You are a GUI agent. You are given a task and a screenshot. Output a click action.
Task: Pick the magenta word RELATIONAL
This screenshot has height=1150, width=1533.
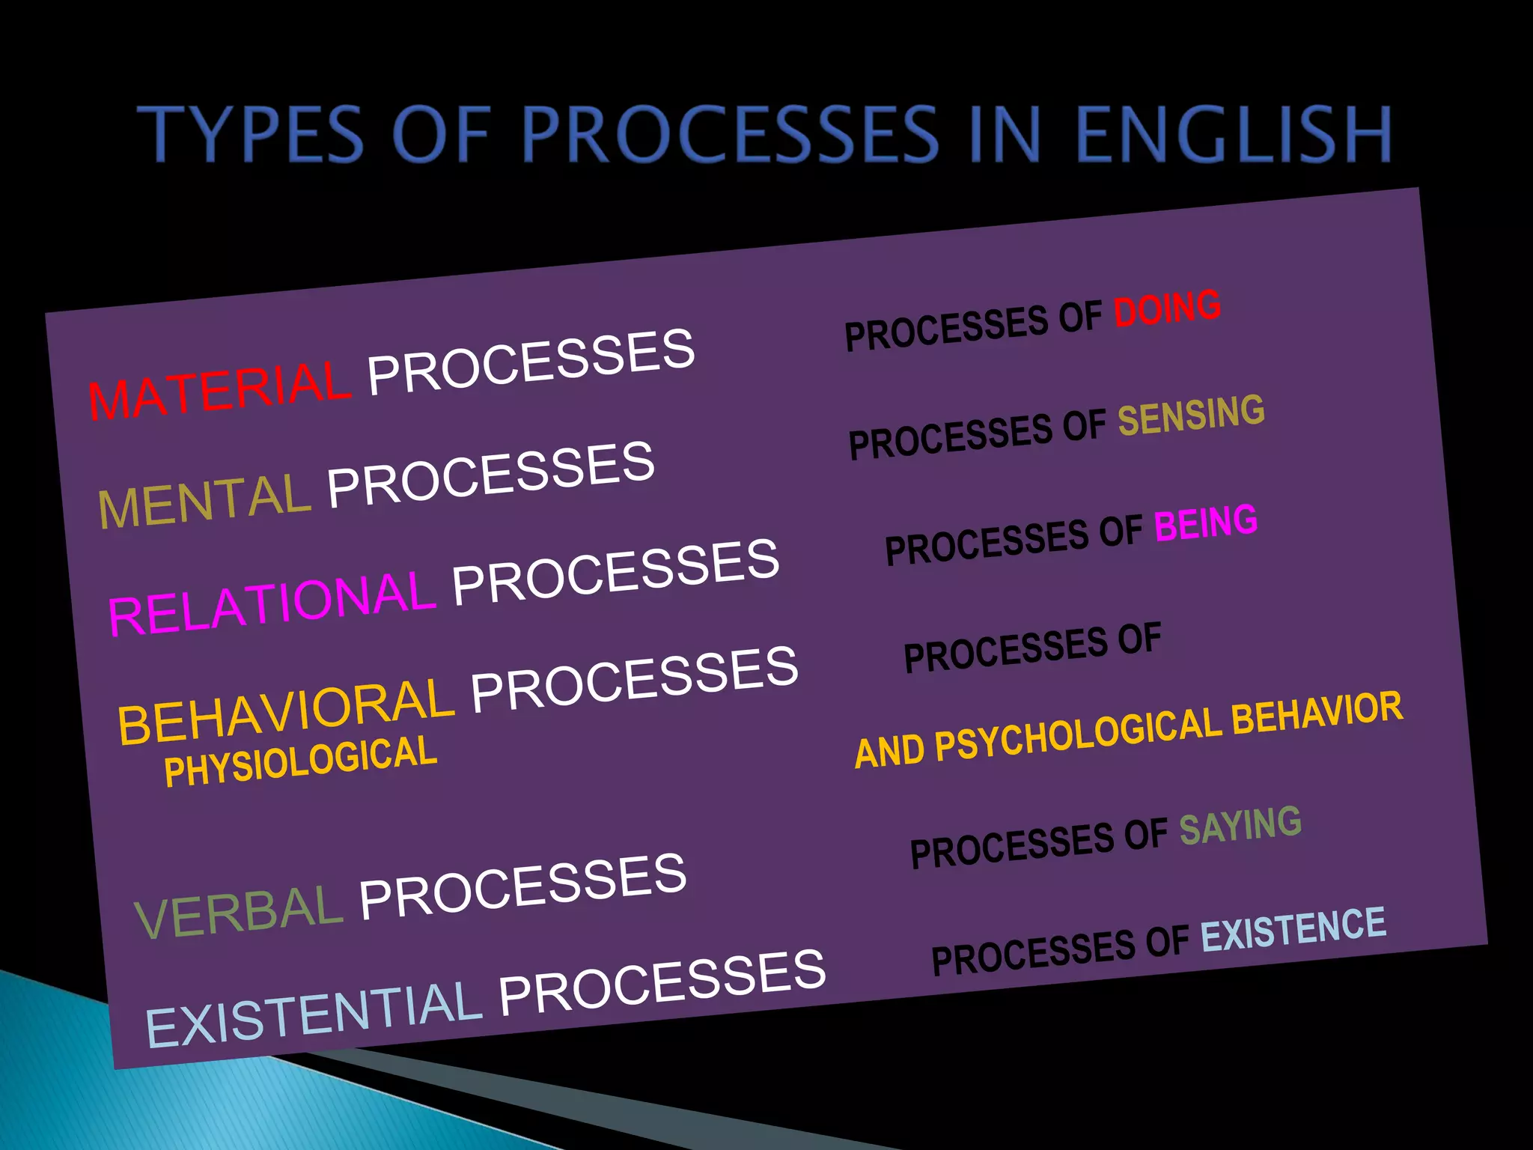(271, 604)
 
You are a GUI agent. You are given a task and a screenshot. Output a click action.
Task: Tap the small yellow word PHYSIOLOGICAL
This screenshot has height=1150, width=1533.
(300, 761)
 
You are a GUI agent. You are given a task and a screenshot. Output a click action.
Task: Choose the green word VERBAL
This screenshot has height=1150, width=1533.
(238, 910)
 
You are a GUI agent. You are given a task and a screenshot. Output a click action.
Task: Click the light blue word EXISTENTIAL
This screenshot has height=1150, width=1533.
(313, 1014)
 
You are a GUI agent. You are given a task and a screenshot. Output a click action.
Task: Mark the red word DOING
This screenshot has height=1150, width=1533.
(1167, 308)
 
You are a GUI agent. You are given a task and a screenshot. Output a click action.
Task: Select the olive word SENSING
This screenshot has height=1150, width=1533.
(1191, 415)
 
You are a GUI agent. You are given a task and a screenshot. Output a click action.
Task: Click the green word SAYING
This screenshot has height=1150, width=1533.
(1240, 826)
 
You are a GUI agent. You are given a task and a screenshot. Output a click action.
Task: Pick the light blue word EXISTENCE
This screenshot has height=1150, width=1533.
(1293, 929)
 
